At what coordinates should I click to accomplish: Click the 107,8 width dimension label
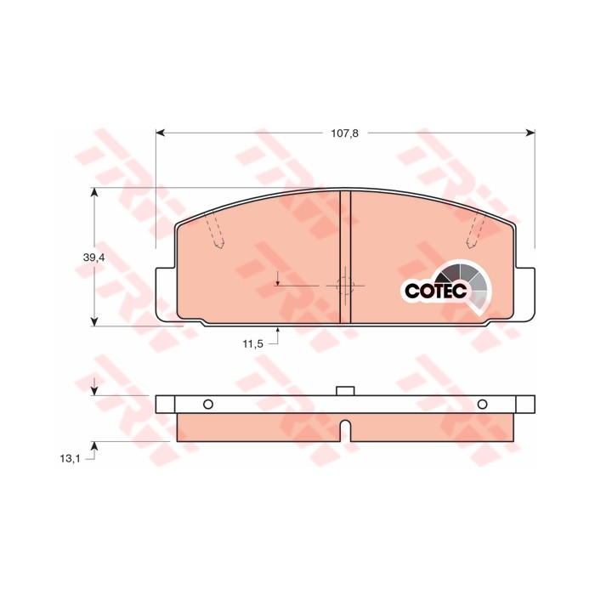click(345, 133)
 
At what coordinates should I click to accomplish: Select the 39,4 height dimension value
click(94, 258)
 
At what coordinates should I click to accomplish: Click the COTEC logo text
click(435, 291)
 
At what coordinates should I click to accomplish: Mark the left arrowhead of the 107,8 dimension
click(161, 133)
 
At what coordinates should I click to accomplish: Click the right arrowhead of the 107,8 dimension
click(530, 133)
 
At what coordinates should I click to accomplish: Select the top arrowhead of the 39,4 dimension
click(94, 193)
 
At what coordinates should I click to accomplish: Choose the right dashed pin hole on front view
click(479, 231)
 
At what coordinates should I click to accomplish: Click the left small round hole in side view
click(208, 404)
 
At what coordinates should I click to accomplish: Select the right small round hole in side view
click(483, 404)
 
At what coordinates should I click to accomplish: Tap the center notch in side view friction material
click(345, 431)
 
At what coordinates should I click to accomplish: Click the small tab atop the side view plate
click(345, 391)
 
